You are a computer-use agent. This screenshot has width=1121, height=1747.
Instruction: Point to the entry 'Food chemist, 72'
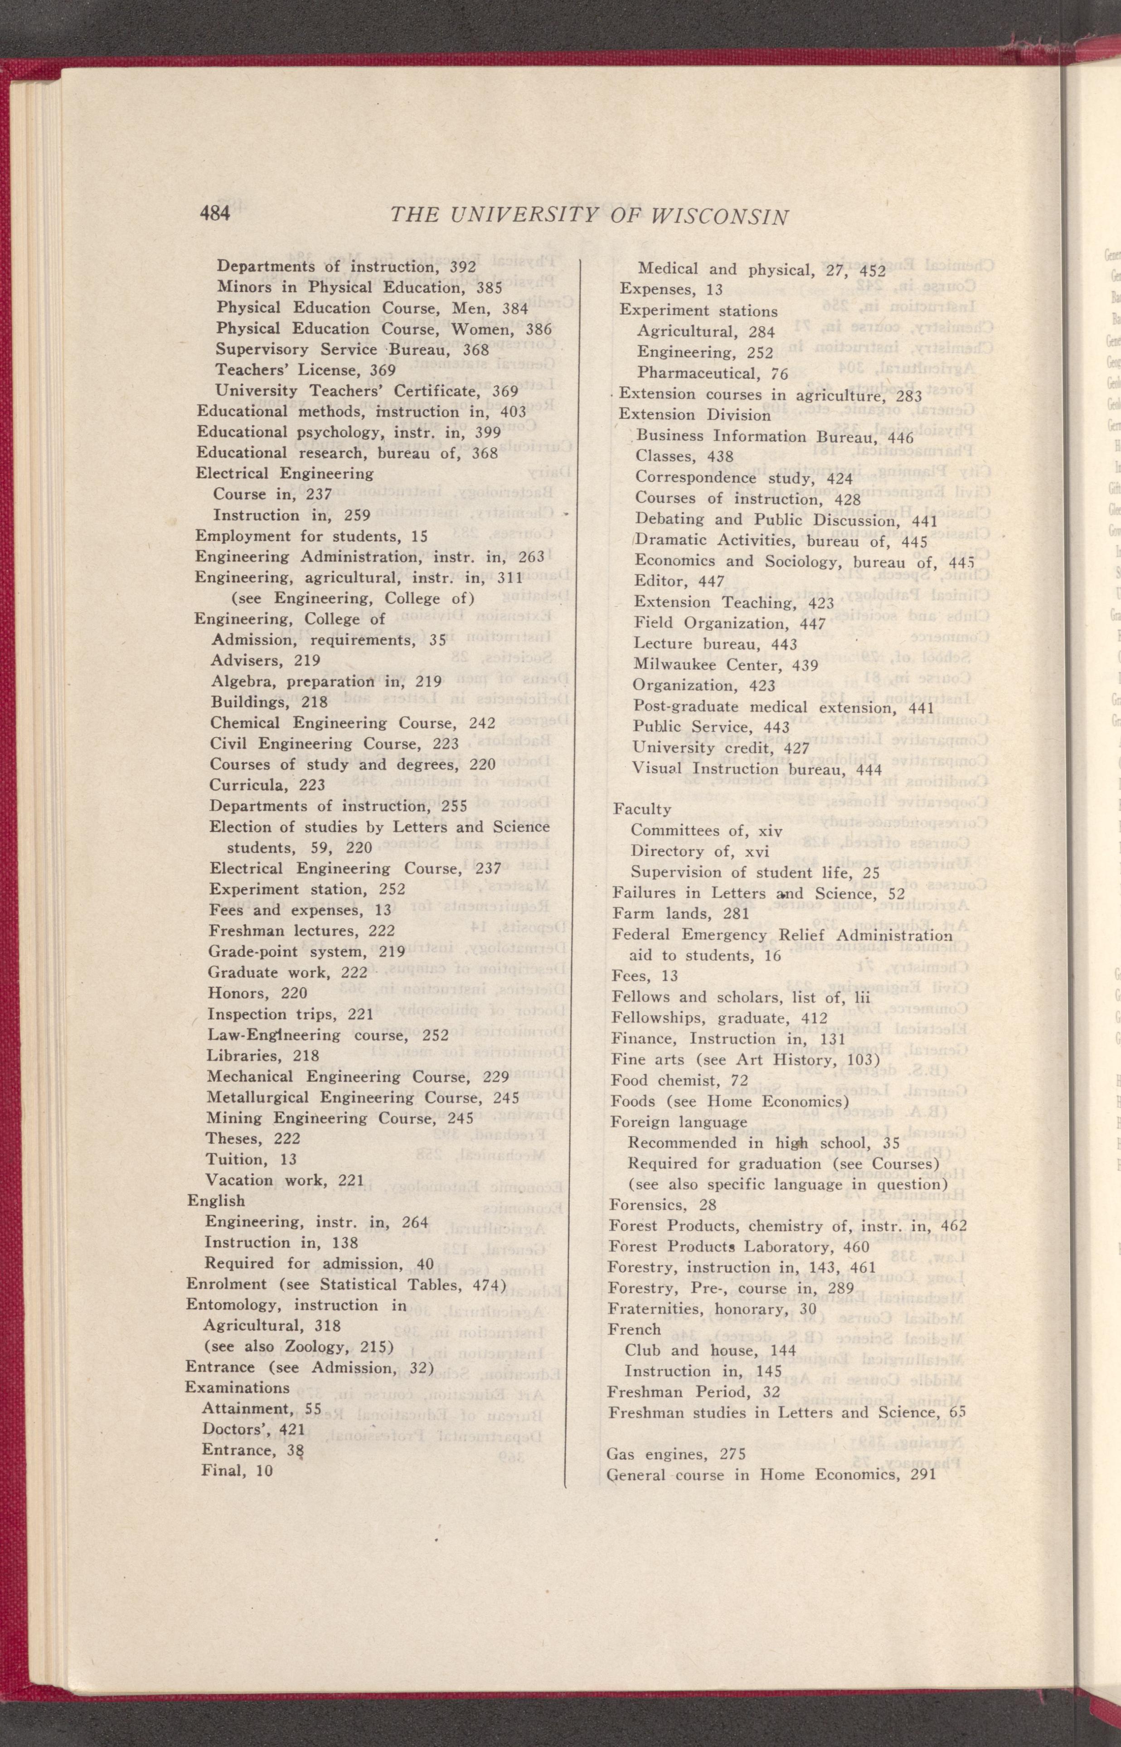point(679,1080)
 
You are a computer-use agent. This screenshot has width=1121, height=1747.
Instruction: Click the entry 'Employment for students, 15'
point(311,536)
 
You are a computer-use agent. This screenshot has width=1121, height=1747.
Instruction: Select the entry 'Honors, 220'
point(257,993)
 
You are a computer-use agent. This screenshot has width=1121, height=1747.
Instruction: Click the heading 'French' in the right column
point(634,1329)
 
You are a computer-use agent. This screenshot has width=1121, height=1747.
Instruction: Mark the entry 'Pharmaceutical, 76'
point(712,374)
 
